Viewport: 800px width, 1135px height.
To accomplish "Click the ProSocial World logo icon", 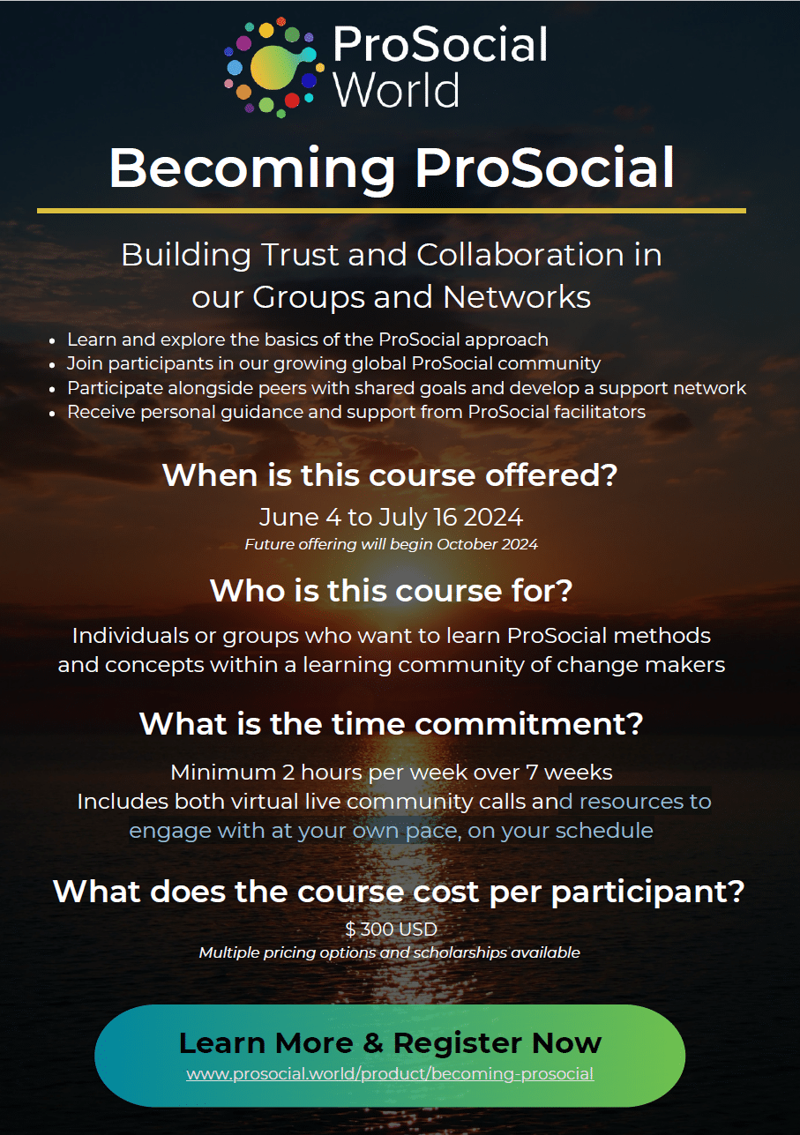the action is [x=273, y=67].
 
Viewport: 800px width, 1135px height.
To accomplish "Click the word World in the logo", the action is [x=396, y=90].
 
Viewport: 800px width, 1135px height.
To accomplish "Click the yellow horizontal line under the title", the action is [x=391, y=210].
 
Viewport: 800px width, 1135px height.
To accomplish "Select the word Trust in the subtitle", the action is [x=299, y=254].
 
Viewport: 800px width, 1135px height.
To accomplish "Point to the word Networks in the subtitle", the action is [x=517, y=296].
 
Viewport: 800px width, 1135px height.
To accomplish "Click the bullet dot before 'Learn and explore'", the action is [x=52, y=341].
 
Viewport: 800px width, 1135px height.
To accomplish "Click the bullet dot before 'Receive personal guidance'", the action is [x=52, y=414].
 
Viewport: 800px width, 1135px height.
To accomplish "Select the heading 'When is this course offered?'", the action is [x=390, y=475].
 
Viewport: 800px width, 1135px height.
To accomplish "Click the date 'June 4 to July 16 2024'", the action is [x=391, y=517].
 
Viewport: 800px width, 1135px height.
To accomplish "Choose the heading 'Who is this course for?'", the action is [x=391, y=590].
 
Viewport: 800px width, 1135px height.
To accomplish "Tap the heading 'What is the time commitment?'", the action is [x=391, y=723].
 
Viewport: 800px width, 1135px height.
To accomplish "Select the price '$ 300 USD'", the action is [x=391, y=929].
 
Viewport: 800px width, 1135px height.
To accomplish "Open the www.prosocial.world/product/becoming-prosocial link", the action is [x=390, y=1073].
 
